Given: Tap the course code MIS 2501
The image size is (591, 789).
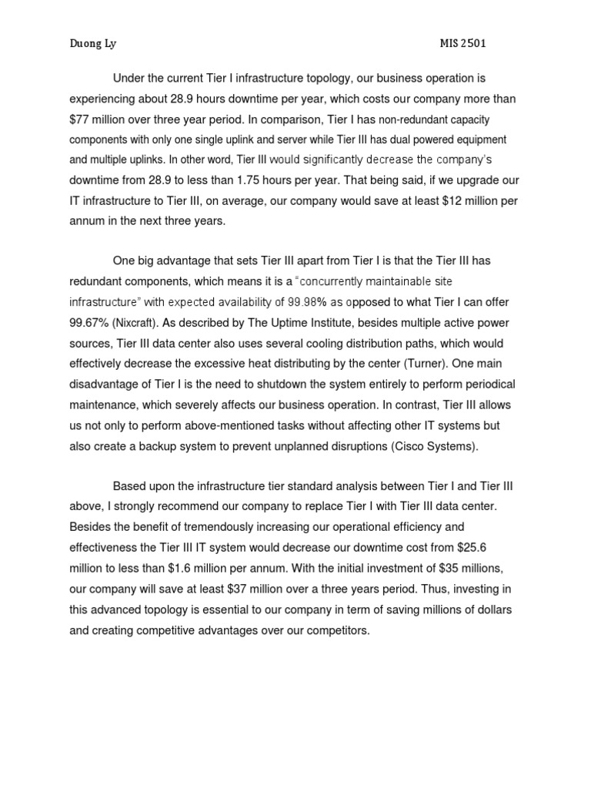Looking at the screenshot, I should point(462,44).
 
